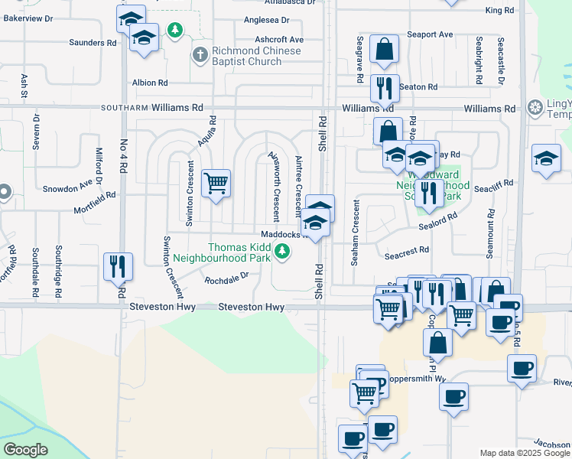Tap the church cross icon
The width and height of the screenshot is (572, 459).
point(200,54)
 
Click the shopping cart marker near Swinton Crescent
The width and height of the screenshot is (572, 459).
point(216,184)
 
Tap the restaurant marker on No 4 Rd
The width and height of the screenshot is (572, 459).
point(118,267)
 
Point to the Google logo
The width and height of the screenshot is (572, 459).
point(25,450)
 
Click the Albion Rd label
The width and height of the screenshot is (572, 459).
point(150,83)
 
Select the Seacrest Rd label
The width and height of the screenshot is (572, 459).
point(408,250)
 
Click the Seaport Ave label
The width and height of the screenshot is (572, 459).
point(430,34)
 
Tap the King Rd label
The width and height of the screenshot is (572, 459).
point(499,10)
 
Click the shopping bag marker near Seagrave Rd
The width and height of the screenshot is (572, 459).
point(384,50)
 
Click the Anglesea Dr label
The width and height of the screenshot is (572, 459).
point(266,21)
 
